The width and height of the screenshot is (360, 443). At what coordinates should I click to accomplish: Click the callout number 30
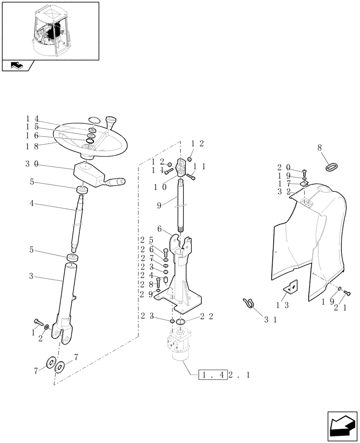click(32, 164)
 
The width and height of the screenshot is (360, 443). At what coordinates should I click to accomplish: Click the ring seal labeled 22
click(181, 322)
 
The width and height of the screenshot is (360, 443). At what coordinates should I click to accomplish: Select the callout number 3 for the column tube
click(31, 276)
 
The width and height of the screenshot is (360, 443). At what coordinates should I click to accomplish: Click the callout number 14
click(32, 118)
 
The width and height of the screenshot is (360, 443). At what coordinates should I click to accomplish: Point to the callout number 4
click(31, 203)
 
